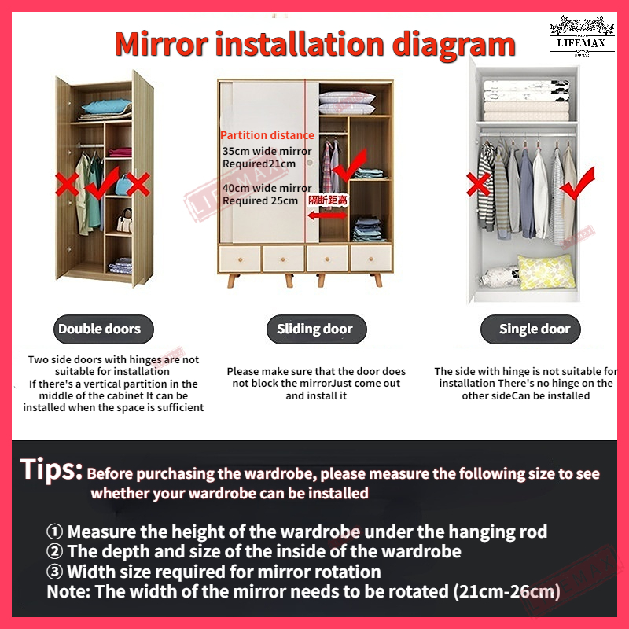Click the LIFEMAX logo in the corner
[582, 35]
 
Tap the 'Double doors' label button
[104, 329]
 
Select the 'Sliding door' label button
[317, 329]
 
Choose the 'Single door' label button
[530, 329]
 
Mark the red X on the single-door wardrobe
[478, 184]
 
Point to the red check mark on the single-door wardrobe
[578, 184]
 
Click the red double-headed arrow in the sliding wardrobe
[327, 215]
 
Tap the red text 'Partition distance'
[267, 135]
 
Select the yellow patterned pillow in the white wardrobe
[546, 271]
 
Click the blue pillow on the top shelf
[106, 106]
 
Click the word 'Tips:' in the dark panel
[51, 469]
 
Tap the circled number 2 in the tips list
[54, 551]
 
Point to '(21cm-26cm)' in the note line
[506, 591]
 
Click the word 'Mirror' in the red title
[161, 44]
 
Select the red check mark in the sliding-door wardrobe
[350, 165]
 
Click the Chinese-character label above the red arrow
[327, 200]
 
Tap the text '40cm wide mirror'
[267, 188]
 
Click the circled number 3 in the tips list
[54, 572]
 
